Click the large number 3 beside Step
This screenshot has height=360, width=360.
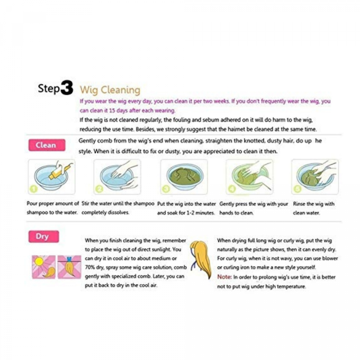point(67,88)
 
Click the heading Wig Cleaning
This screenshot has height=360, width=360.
point(110,90)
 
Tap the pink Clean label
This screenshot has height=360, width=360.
point(47,145)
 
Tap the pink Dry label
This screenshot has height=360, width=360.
point(43,236)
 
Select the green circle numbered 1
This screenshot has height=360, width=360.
point(34,189)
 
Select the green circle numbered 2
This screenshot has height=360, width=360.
point(99,189)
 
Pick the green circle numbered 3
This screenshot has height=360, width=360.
point(166,189)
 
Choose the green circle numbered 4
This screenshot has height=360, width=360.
point(231,189)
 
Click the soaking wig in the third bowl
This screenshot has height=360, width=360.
point(184,176)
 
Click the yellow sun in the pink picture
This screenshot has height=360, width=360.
point(38,262)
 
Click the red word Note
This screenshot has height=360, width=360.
point(224,277)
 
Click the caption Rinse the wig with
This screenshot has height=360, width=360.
point(314,204)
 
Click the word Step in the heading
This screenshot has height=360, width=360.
point(49,88)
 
